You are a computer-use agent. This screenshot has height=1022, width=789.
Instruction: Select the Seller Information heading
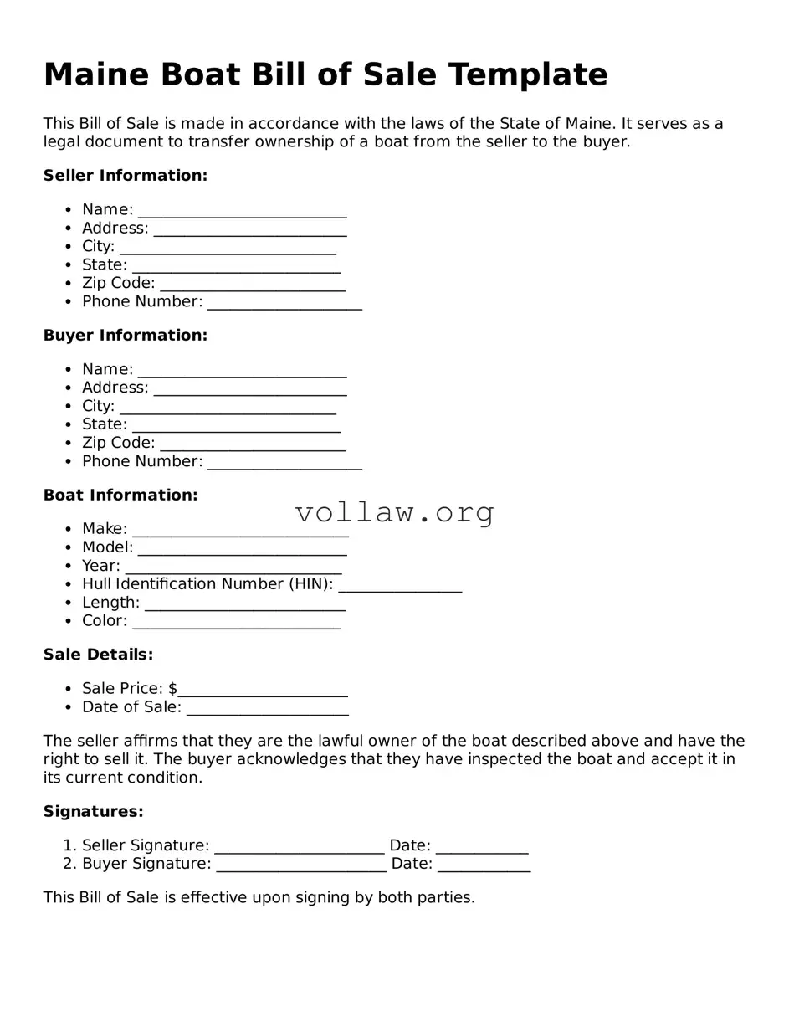pyautogui.click(x=125, y=176)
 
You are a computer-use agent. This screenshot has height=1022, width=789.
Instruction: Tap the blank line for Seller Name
pyautogui.click(x=242, y=211)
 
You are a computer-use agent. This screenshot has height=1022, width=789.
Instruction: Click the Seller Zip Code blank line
pyautogui.click(x=253, y=285)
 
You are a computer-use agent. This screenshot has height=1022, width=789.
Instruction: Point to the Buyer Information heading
pyautogui.click(x=125, y=336)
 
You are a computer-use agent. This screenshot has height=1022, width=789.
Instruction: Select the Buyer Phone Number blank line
pyautogui.click(x=284, y=463)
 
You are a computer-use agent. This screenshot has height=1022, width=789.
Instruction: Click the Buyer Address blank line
pyautogui.click(x=250, y=389)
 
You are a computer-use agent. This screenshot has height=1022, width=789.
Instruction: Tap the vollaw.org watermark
pyautogui.click(x=394, y=512)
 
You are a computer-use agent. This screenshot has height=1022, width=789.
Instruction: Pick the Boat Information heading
pyautogui.click(x=120, y=496)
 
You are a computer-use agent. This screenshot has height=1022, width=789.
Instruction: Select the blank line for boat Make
pyautogui.click(x=240, y=530)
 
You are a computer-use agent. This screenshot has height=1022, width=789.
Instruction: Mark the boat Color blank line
pyautogui.click(x=236, y=622)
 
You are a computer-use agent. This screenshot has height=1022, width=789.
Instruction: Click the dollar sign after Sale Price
pyautogui.click(x=172, y=689)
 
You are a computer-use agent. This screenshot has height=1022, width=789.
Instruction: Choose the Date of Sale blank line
pyautogui.click(x=267, y=709)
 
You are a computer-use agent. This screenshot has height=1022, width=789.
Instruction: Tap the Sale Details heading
pyautogui.click(x=98, y=655)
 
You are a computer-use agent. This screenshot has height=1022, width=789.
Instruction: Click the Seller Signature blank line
pyautogui.click(x=299, y=847)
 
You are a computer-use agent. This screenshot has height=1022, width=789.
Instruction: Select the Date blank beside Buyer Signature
pyautogui.click(x=484, y=865)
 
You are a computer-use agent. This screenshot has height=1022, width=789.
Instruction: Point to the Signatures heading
pyautogui.click(x=93, y=812)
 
